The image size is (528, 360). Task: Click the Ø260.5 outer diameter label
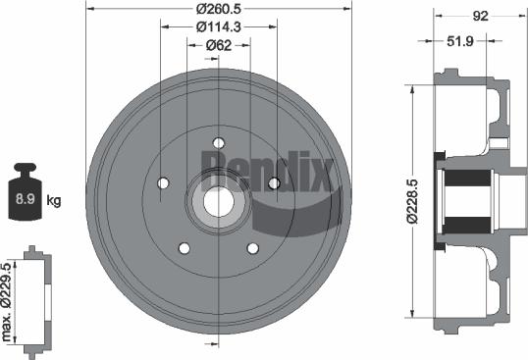coord(218,10)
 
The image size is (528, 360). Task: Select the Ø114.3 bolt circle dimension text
coord(218,26)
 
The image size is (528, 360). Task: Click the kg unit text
coord(54,201)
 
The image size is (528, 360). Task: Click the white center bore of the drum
coord(218,200)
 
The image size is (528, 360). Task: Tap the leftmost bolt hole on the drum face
coord(163,183)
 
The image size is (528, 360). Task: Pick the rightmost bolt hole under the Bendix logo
coord(274,183)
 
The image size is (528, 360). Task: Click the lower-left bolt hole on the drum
coord(184,248)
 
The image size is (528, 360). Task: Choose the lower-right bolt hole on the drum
coord(253,248)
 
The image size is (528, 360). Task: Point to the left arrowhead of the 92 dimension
coord(436,15)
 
